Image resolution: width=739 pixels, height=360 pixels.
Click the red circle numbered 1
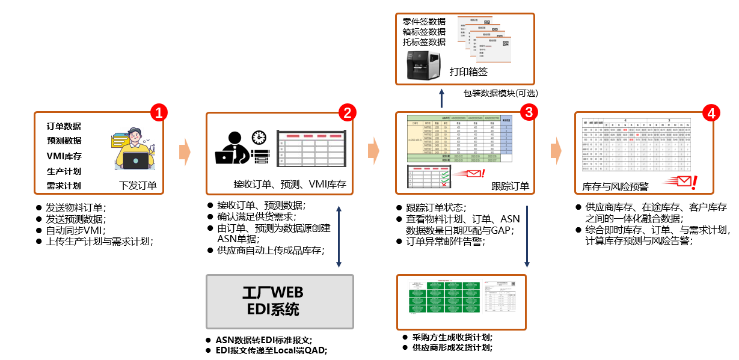point(158,112)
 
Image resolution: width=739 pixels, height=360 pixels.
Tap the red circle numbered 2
point(347,112)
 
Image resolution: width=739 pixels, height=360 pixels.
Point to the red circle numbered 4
point(711,112)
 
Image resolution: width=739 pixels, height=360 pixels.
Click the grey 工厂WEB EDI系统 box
point(280,301)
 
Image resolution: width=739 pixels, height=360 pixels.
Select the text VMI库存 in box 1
point(64,156)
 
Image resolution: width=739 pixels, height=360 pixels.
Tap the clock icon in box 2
point(259,137)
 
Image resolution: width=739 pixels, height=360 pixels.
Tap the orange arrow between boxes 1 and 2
point(185,152)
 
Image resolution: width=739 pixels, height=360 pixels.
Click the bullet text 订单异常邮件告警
point(444,241)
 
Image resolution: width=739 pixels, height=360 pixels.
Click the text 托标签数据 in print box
point(424,42)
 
